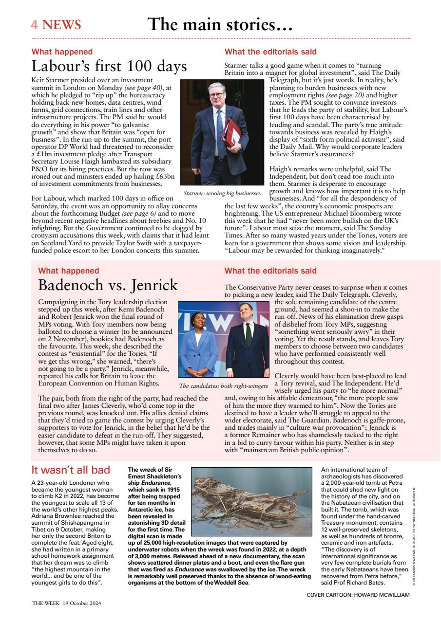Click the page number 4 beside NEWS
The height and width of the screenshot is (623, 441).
click(34, 25)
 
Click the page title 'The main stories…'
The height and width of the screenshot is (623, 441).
click(220, 24)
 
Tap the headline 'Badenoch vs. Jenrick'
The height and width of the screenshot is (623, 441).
click(108, 284)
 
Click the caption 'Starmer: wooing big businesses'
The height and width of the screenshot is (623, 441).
click(222, 193)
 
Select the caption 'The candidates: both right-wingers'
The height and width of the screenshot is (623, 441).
click(223, 386)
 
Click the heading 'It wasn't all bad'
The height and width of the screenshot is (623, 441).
click(71, 470)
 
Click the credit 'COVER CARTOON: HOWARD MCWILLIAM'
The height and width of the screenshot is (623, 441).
click(358, 594)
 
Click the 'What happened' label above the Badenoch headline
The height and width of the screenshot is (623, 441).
click(69, 271)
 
